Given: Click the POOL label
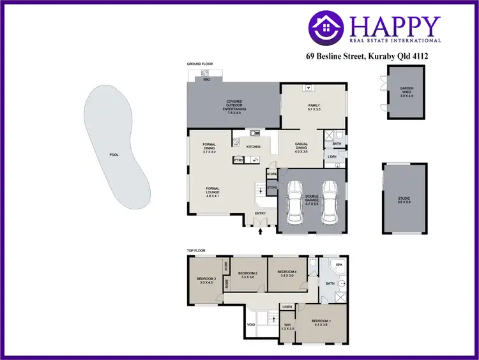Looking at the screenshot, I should [x=114, y=154].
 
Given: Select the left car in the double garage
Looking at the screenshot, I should [x=295, y=201].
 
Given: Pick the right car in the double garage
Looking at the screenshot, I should [x=329, y=201].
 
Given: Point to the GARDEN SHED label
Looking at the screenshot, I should [x=407, y=90].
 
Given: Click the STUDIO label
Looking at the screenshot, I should [x=404, y=199].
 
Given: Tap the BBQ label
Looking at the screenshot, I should [x=206, y=80].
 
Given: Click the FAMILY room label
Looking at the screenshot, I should [x=314, y=105].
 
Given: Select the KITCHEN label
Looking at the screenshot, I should [x=254, y=147].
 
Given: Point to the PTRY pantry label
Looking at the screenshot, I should [x=238, y=161].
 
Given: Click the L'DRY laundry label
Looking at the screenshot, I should [x=332, y=156].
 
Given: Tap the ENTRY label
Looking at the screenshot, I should [x=261, y=213].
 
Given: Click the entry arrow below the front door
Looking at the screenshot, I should [x=261, y=233].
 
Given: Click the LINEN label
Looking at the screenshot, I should [x=287, y=307].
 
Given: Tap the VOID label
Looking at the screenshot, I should [x=251, y=325].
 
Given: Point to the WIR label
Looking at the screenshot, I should [x=288, y=325].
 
